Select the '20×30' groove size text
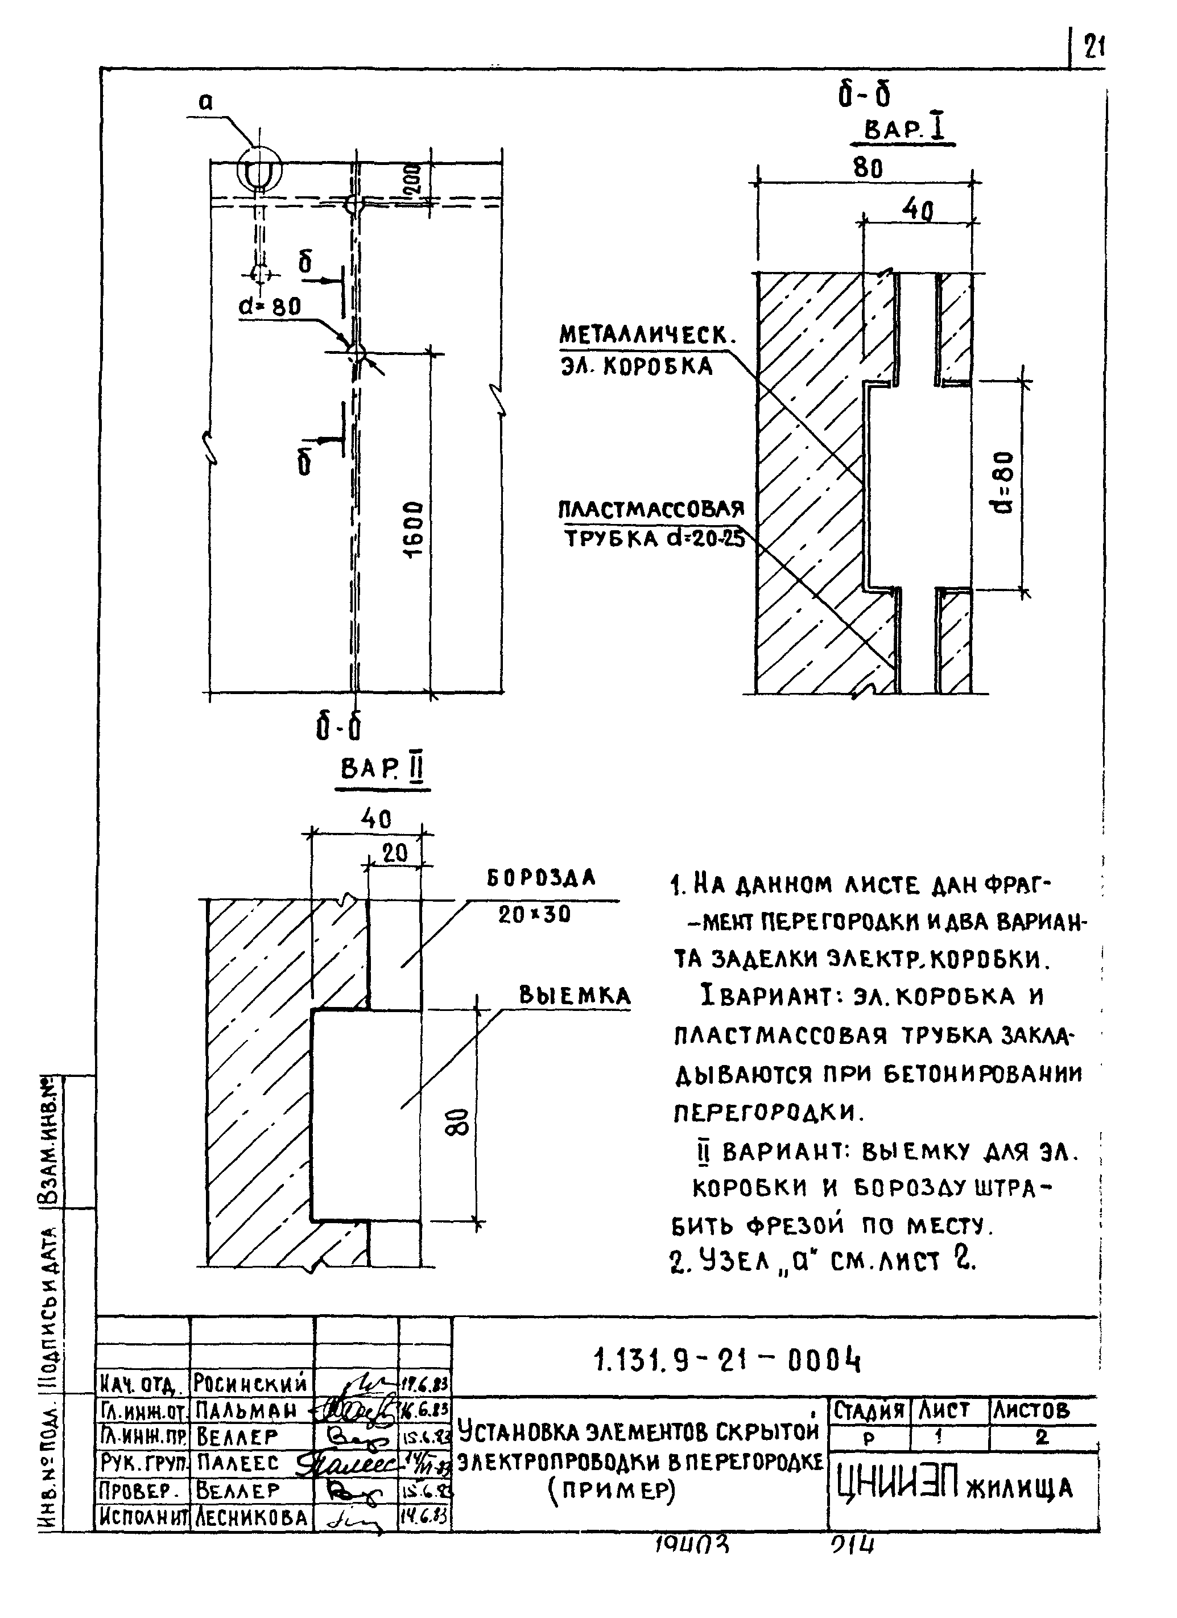(534, 915)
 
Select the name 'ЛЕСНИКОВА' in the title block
(253, 1517)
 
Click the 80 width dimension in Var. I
(868, 168)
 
